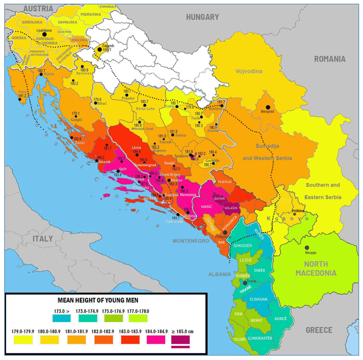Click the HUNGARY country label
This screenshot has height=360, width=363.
point(202,18)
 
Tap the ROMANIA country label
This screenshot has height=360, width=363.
point(330,59)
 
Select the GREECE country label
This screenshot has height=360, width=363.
point(319,330)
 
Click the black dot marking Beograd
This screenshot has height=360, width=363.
point(268,107)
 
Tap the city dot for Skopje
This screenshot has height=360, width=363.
point(307,248)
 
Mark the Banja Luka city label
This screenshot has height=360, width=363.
point(145,109)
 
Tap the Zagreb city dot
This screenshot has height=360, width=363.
point(100,49)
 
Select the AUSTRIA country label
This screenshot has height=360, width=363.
point(38,8)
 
